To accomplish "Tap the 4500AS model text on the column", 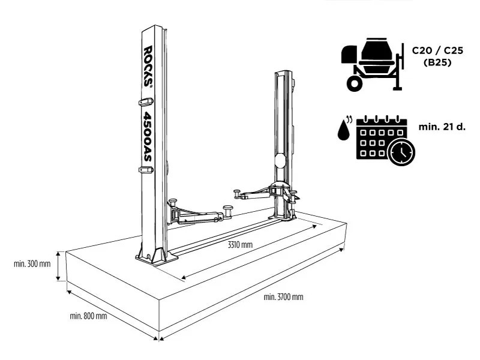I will click(x=147, y=136).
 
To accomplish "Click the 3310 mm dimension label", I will click(x=240, y=245).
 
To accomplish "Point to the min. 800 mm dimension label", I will click(x=88, y=316).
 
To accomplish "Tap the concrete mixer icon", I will click(x=370, y=65).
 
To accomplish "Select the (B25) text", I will click(x=437, y=62).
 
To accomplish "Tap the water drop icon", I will click(x=344, y=129).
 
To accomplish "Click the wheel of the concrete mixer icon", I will click(x=355, y=83).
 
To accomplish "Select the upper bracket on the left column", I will click(x=145, y=101).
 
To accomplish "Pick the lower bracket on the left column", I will click(x=145, y=170).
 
